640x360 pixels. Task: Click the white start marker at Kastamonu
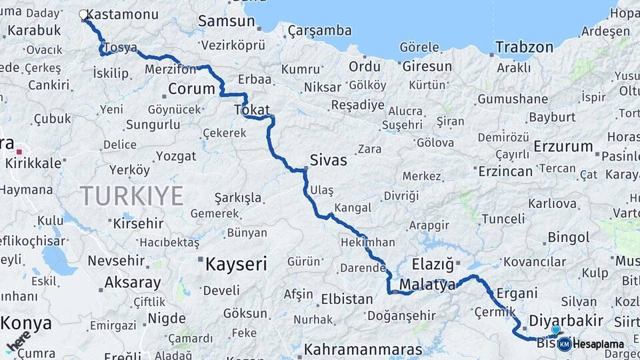tap(83, 14)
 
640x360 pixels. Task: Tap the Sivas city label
tap(329, 160)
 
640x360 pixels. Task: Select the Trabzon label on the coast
tap(525, 47)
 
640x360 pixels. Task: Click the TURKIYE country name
tap(131, 195)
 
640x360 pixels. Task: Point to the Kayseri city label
tap(236, 264)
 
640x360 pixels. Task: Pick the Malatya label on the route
tap(427, 285)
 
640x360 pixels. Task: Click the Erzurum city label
tap(563, 146)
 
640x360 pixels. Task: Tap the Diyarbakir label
tap(566, 320)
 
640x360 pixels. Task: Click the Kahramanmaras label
tap(363, 349)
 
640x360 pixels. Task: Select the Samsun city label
tap(226, 21)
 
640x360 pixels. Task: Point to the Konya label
tap(26, 323)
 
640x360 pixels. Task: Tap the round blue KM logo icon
tap(564, 344)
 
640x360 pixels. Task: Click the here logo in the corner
tap(19, 342)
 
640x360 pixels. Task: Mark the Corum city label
tap(192, 89)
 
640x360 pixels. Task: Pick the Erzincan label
tap(505, 171)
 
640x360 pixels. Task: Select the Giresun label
tap(427, 67)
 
